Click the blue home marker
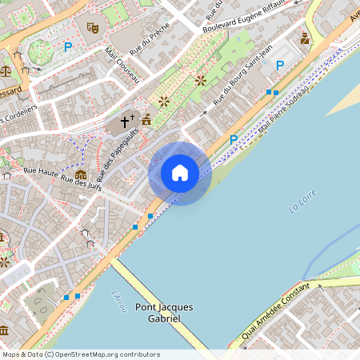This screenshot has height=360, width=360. pos(180,173)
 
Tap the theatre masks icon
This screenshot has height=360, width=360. pos(93,26)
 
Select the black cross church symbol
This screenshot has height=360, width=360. pos(126,122)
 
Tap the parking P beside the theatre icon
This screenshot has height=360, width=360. pos(67,47)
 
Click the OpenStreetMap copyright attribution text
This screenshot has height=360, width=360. pos(80,354)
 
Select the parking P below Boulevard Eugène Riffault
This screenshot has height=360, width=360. pos(280,66)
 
